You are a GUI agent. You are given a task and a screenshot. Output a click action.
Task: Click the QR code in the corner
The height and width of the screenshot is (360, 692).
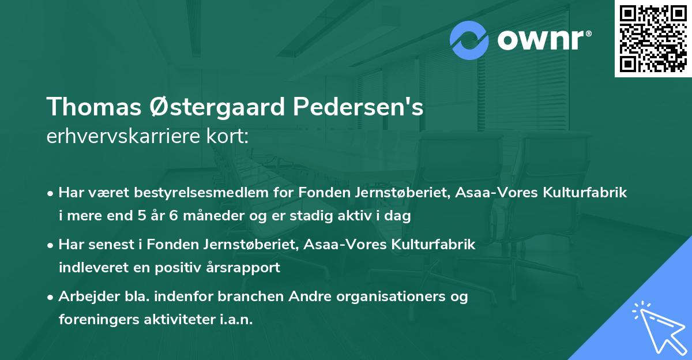[x=653, y=39]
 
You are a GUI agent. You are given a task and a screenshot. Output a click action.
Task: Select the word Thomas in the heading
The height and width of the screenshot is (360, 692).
[x=91, y=107]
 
